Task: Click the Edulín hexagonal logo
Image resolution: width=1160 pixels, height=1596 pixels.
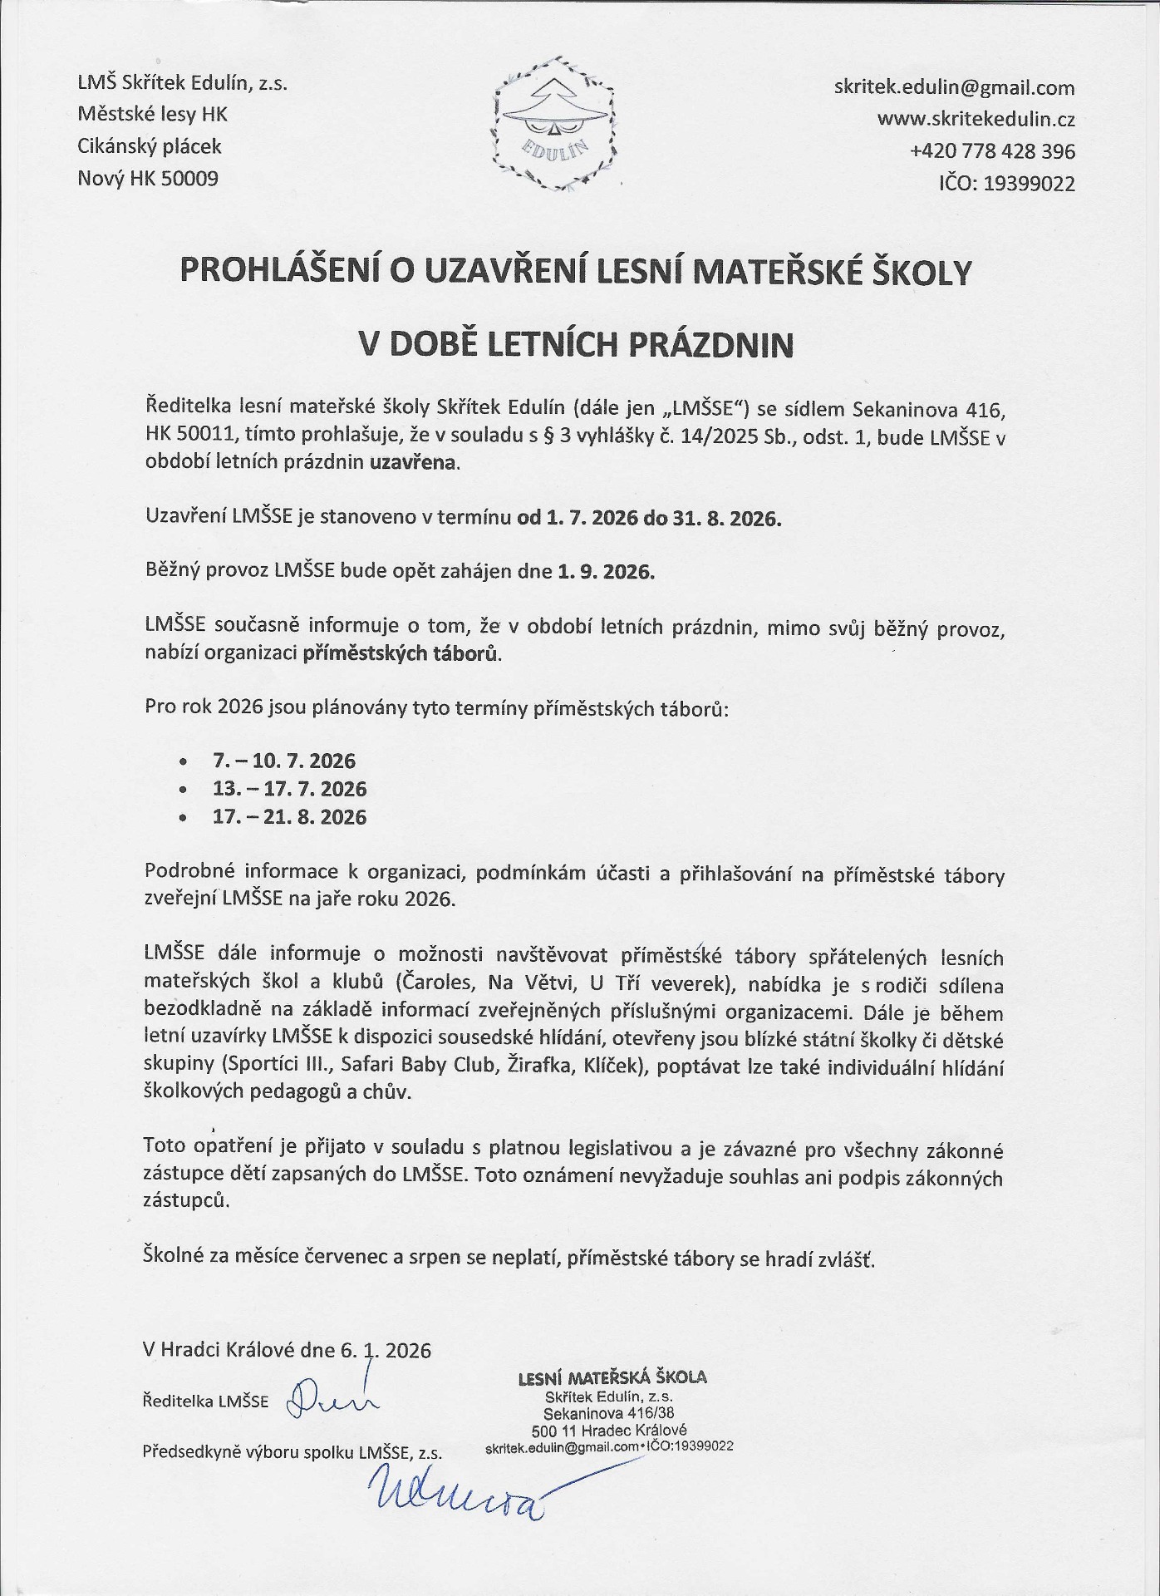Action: click(555, 123)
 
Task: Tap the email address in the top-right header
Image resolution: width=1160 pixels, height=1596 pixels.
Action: click(954, 88)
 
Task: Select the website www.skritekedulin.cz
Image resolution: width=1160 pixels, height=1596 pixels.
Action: click(976, 120)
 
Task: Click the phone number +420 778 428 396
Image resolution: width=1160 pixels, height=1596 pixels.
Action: click(992, 151)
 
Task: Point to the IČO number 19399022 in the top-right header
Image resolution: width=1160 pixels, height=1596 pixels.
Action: click(1029, 183)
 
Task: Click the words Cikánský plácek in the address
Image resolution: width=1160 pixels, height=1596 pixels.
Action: click(150, 146)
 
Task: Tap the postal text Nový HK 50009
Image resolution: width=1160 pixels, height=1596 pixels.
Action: click(148, 178)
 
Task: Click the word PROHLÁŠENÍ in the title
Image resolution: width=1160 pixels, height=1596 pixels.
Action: click(263, 273)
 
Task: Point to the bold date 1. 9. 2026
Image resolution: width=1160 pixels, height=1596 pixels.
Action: click(606, 572)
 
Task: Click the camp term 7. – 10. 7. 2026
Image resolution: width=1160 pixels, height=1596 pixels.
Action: click(284, 761)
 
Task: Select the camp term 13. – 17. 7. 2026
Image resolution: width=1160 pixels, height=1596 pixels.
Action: click(289, 789)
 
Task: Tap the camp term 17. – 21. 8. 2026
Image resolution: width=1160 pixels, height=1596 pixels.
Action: click(289, 817)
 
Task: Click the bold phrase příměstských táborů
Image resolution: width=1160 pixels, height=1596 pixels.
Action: click(401, 653)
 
